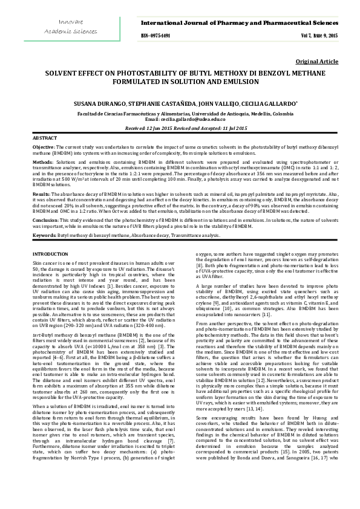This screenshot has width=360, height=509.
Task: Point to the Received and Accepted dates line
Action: [180, 129]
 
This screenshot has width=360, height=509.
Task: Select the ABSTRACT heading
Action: [45, 138]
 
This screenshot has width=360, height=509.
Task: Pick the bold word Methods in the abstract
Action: [42, 163]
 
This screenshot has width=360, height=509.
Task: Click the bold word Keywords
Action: [44, 235]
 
